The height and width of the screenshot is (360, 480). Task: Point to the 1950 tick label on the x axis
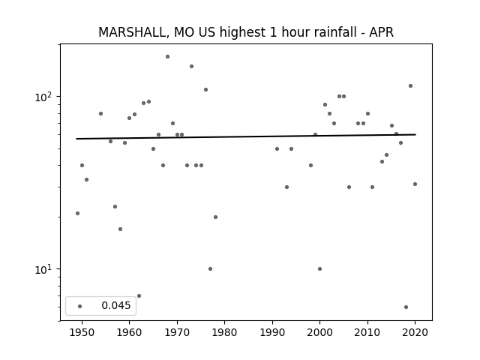tap(82, 332)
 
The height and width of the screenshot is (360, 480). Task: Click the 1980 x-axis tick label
tap(224, 332)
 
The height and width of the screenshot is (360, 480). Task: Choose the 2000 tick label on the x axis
tap(319, 332)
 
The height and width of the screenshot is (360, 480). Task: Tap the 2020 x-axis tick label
tap(415, 332)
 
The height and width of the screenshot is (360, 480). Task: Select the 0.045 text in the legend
tap(116, 305)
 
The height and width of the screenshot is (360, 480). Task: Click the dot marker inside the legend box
tap(79, 306)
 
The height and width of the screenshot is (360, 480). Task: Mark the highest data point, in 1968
tap(167, 57)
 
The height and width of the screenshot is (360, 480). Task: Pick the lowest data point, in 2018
tap(406, 307)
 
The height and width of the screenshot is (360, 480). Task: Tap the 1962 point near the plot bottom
tap(139, 296)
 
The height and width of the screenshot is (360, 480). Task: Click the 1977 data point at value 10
tap(210, 268)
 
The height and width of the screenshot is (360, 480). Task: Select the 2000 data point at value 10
tap(320, 268)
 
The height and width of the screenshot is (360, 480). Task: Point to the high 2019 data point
tap(410, 86)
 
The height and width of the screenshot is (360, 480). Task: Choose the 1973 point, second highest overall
tap(191, 67)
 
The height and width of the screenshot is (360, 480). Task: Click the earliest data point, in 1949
tap(77, 213)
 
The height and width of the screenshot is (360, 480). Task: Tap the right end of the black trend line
tap(415, 134)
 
